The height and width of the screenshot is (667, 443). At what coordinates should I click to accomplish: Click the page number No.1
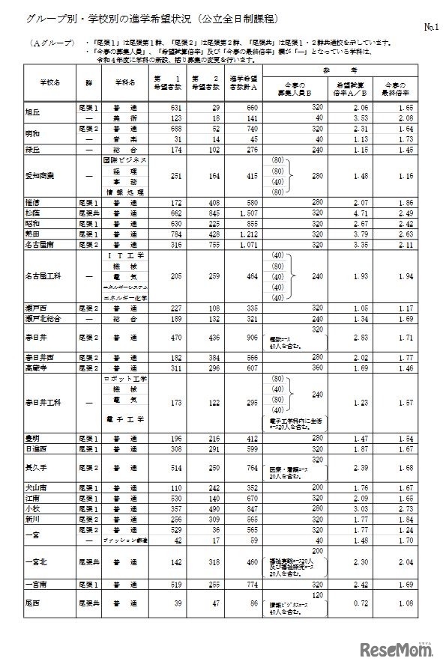(x=430, y=28)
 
